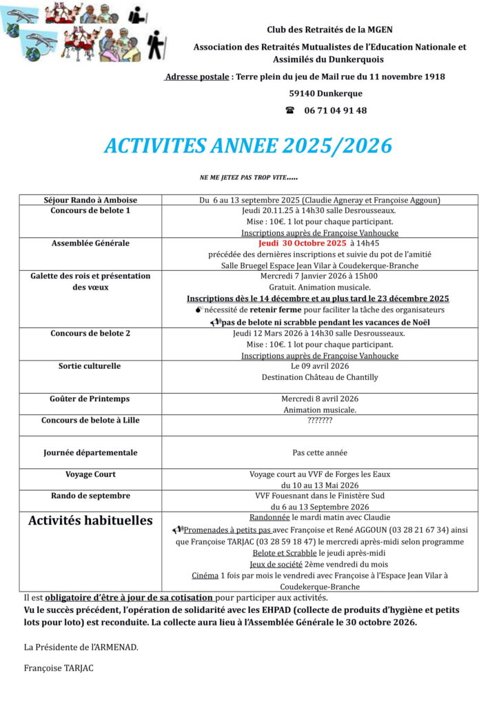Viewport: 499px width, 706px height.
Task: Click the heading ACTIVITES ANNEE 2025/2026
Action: pyautogui.click(x=248, y=145)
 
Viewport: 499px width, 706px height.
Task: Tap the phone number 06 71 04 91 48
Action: pyautogui.click(x=335, y=110)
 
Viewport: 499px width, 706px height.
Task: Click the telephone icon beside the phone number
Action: pyautogui.click(x=290, y=110)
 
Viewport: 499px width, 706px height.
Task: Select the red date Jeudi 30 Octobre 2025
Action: pyautogui.click(x=303, y=243)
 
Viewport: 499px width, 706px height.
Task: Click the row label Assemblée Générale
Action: pyautogui.click(x=90, y=243)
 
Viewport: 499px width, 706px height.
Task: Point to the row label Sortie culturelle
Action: pyautogui.click(x=90, y=366)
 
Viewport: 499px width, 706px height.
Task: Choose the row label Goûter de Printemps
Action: pyautogui.click(x=90, y=399)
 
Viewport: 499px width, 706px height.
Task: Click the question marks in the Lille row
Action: pyautogui.click(x=320, y=420)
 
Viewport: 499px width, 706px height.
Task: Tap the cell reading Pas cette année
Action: pyautogui.click(x=320, y=453)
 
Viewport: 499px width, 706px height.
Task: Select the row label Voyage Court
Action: pyautogui.click(x=90, y=474)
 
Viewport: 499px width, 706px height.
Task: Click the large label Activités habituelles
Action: pyautogui.click(x=90, y=521)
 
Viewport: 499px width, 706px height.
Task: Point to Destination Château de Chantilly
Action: pyautogui.click(x=320, y=377)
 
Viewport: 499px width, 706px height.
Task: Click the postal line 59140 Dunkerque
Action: pyautogui.click(x=325, y=93)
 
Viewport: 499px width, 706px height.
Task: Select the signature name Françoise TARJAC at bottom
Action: pyautogui.click(x=58, y=668)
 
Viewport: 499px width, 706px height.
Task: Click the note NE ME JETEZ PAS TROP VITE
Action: pyautogui.click(x=248, y=178)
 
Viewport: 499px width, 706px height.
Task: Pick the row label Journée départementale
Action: pyautogui.click(x=90, y=453)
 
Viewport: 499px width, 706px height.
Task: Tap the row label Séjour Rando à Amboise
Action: pyautogui.click(x=90, y=200)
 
